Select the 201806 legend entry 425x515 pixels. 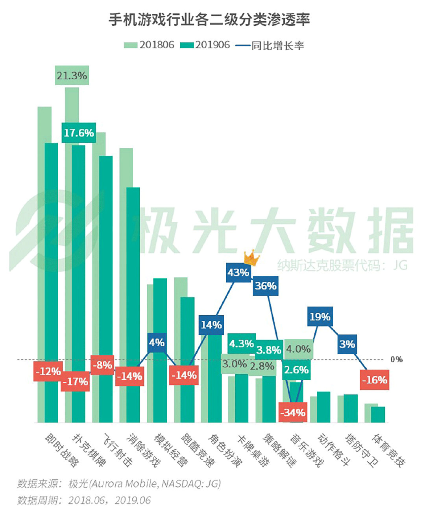click(x=149, y=45)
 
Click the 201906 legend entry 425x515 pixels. click(x=205, y=45)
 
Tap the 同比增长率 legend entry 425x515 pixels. click(x=270, y=46)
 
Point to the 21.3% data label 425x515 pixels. click(x=72, y=75)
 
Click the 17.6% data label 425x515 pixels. click(x=79, y=133)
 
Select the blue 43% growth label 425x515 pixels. click(x=238, y=272)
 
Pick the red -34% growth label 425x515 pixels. click(x=293, y=412)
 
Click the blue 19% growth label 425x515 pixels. click(x=320, y=316)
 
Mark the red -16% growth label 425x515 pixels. click(x=374, y=380)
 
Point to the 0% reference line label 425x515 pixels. click(x=396, y=359)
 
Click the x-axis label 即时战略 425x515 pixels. click(x=62, y=451)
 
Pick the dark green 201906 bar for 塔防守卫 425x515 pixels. click(x=351, y=408)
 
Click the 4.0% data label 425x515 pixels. click(x=298, y=349)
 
